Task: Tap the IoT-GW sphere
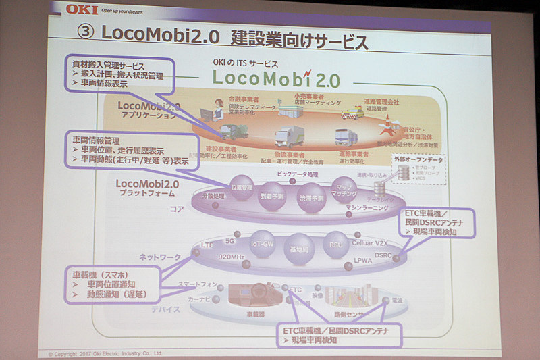coord(263,244)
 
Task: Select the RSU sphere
coord(335,245)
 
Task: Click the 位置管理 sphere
coord(241,188)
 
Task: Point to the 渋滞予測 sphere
coord(311,198)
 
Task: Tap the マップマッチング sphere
coord(344,189)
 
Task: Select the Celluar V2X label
coord(371,242)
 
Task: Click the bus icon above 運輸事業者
coord(344,137)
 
